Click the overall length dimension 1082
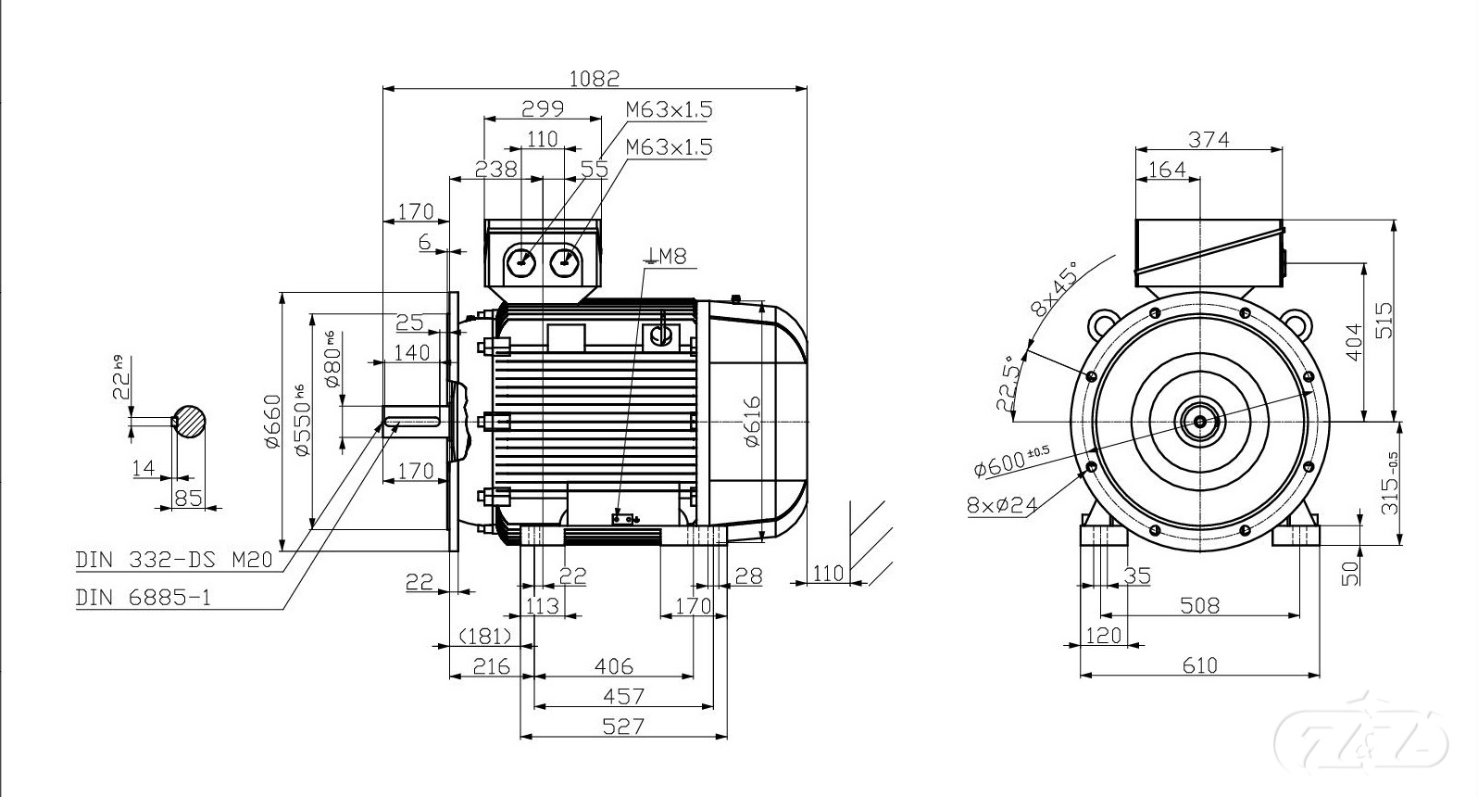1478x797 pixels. [x=594, y=78]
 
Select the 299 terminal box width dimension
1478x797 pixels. [x=543, y=108]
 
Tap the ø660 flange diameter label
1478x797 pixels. [x=272, y=422]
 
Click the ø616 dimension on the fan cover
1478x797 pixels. [x=752, y=421]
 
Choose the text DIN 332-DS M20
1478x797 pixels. [x=173, y=560]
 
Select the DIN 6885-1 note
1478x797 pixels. [x=143, y=598]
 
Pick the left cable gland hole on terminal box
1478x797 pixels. [x=521, y=263]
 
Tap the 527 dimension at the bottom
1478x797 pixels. [x=622, y=726]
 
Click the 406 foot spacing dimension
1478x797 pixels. [x=613, y=665]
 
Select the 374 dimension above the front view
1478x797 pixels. [x=1209, y=139]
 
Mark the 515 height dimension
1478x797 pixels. [x=1384, y=321]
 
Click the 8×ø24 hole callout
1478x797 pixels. [x=1001, y=504]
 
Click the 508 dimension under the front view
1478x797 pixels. [x=1199, y=605]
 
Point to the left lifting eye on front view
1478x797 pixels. [x=1103, y=323]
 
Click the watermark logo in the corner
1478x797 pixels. [x=1361, y=736]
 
